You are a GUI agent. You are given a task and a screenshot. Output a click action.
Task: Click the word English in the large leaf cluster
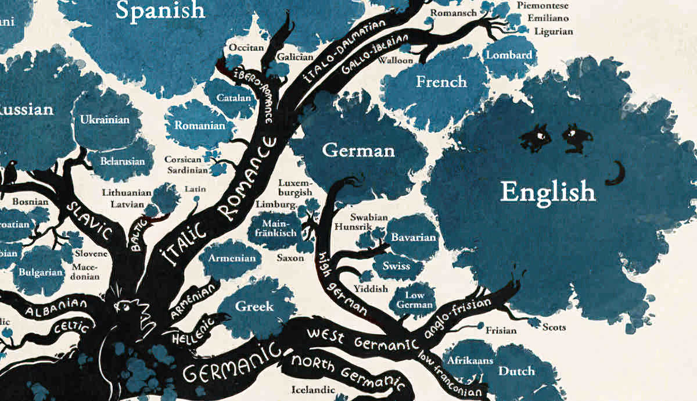[548, 191]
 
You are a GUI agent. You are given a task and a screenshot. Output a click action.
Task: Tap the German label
[358, 151]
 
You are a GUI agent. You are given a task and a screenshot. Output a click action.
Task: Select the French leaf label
[441, 82]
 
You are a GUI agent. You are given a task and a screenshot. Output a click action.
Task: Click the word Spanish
[160, 9]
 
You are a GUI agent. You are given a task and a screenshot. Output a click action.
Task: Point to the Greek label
[254, 306]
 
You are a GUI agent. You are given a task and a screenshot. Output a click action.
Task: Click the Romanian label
[200, 126]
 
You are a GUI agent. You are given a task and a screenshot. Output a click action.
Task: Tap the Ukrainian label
[105, 120]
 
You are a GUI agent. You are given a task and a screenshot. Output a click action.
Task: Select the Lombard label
[509, 55]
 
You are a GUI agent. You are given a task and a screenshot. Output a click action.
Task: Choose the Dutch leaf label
[517, 371]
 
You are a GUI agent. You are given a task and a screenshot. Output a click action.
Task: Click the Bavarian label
[413, 238]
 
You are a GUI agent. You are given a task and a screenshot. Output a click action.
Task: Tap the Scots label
[554, 327]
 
